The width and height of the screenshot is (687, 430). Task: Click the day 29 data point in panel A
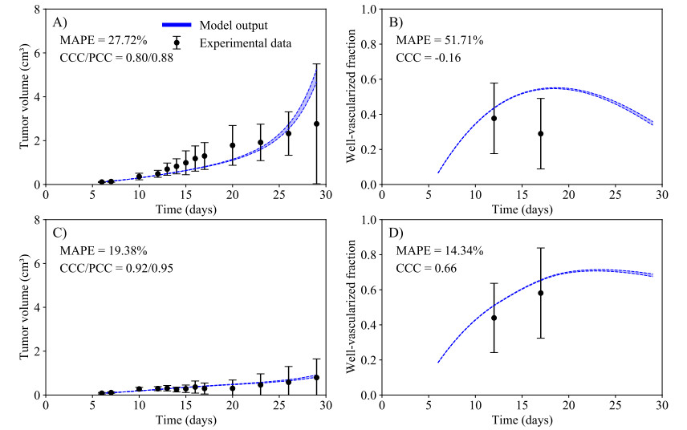coord(317,124)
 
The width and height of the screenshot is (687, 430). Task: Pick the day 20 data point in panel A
coord(233,145)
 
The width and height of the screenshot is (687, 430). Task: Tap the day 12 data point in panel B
coord(494,118)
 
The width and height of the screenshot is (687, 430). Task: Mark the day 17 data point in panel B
coord(541,134)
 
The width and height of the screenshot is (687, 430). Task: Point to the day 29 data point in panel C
coord(317,377)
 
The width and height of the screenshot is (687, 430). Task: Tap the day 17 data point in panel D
coord(541,293)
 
